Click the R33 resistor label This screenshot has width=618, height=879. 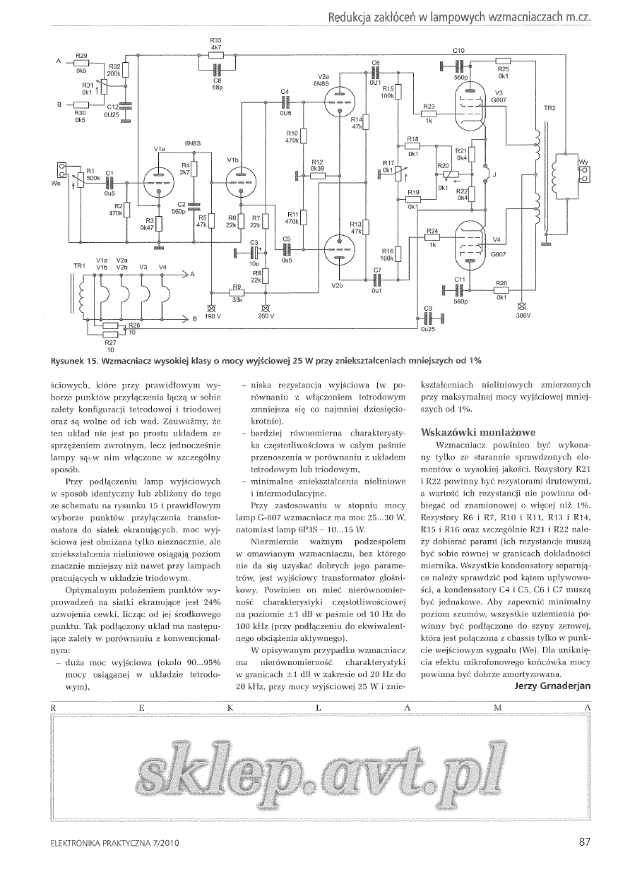point(215,40)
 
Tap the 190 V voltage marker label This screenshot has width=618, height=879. point(213,316)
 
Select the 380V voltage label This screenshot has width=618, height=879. point(523,315)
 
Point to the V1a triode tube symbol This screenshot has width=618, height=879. point(159,182)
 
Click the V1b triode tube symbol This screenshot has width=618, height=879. point(241,182)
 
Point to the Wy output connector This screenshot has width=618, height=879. point(585,174)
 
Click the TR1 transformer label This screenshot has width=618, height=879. point(79,266)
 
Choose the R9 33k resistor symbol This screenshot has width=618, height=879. point(237,293)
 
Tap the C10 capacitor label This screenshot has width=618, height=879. point(458,51)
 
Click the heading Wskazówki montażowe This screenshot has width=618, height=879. point(478,432)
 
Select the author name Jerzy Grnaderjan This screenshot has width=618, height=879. point(552,686)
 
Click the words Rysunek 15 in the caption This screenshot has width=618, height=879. point(75,361)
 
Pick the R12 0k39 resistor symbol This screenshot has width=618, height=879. point(317,175)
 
